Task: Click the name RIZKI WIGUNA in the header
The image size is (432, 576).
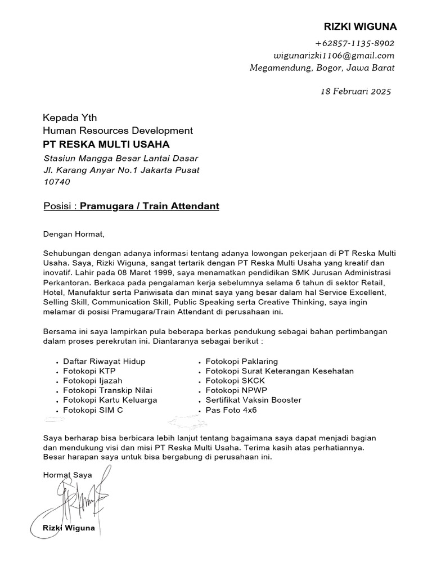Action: coord(360,27)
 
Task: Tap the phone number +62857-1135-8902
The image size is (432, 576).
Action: coord(354,43)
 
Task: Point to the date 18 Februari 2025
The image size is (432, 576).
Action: coord(355,91)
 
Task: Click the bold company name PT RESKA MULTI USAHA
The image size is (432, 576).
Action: coord(106,145)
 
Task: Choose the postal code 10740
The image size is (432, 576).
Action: coord(57,182)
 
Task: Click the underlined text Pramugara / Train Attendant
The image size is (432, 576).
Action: coord(149,206)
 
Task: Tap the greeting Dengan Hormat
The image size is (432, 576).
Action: coord(74,234)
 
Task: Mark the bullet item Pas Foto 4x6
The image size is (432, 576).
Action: coord(231,410)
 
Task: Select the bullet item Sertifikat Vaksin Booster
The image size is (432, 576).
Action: coord(253,400)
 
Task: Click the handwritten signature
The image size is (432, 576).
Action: coord(79,501)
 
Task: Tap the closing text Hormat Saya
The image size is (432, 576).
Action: coord(67,475)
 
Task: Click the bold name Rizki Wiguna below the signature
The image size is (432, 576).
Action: coord(69,529)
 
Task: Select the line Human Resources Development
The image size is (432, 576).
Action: coord(118,130)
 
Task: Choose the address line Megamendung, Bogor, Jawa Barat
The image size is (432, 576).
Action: coord(322,68)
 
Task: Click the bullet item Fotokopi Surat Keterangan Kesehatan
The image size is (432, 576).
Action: coord(280,371)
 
